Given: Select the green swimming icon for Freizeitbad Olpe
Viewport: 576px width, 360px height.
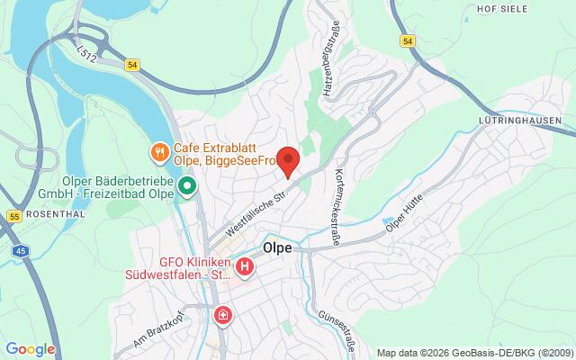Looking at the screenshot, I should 187,186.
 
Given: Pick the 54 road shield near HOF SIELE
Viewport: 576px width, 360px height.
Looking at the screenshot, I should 409,40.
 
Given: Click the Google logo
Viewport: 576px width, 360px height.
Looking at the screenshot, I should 30,348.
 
